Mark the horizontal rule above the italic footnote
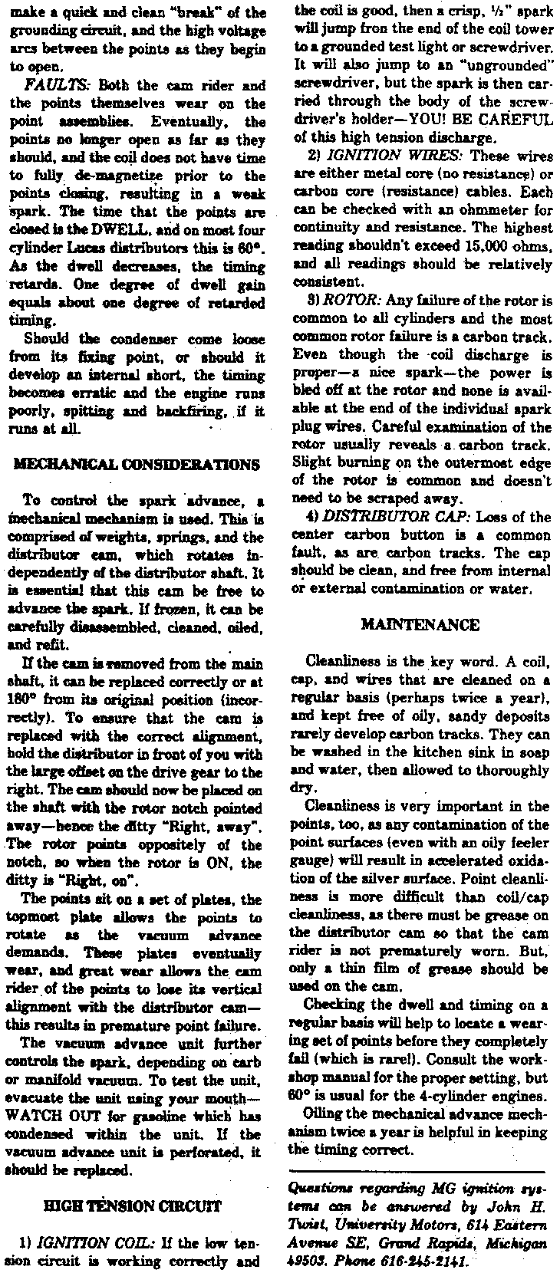pos(417,1170)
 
